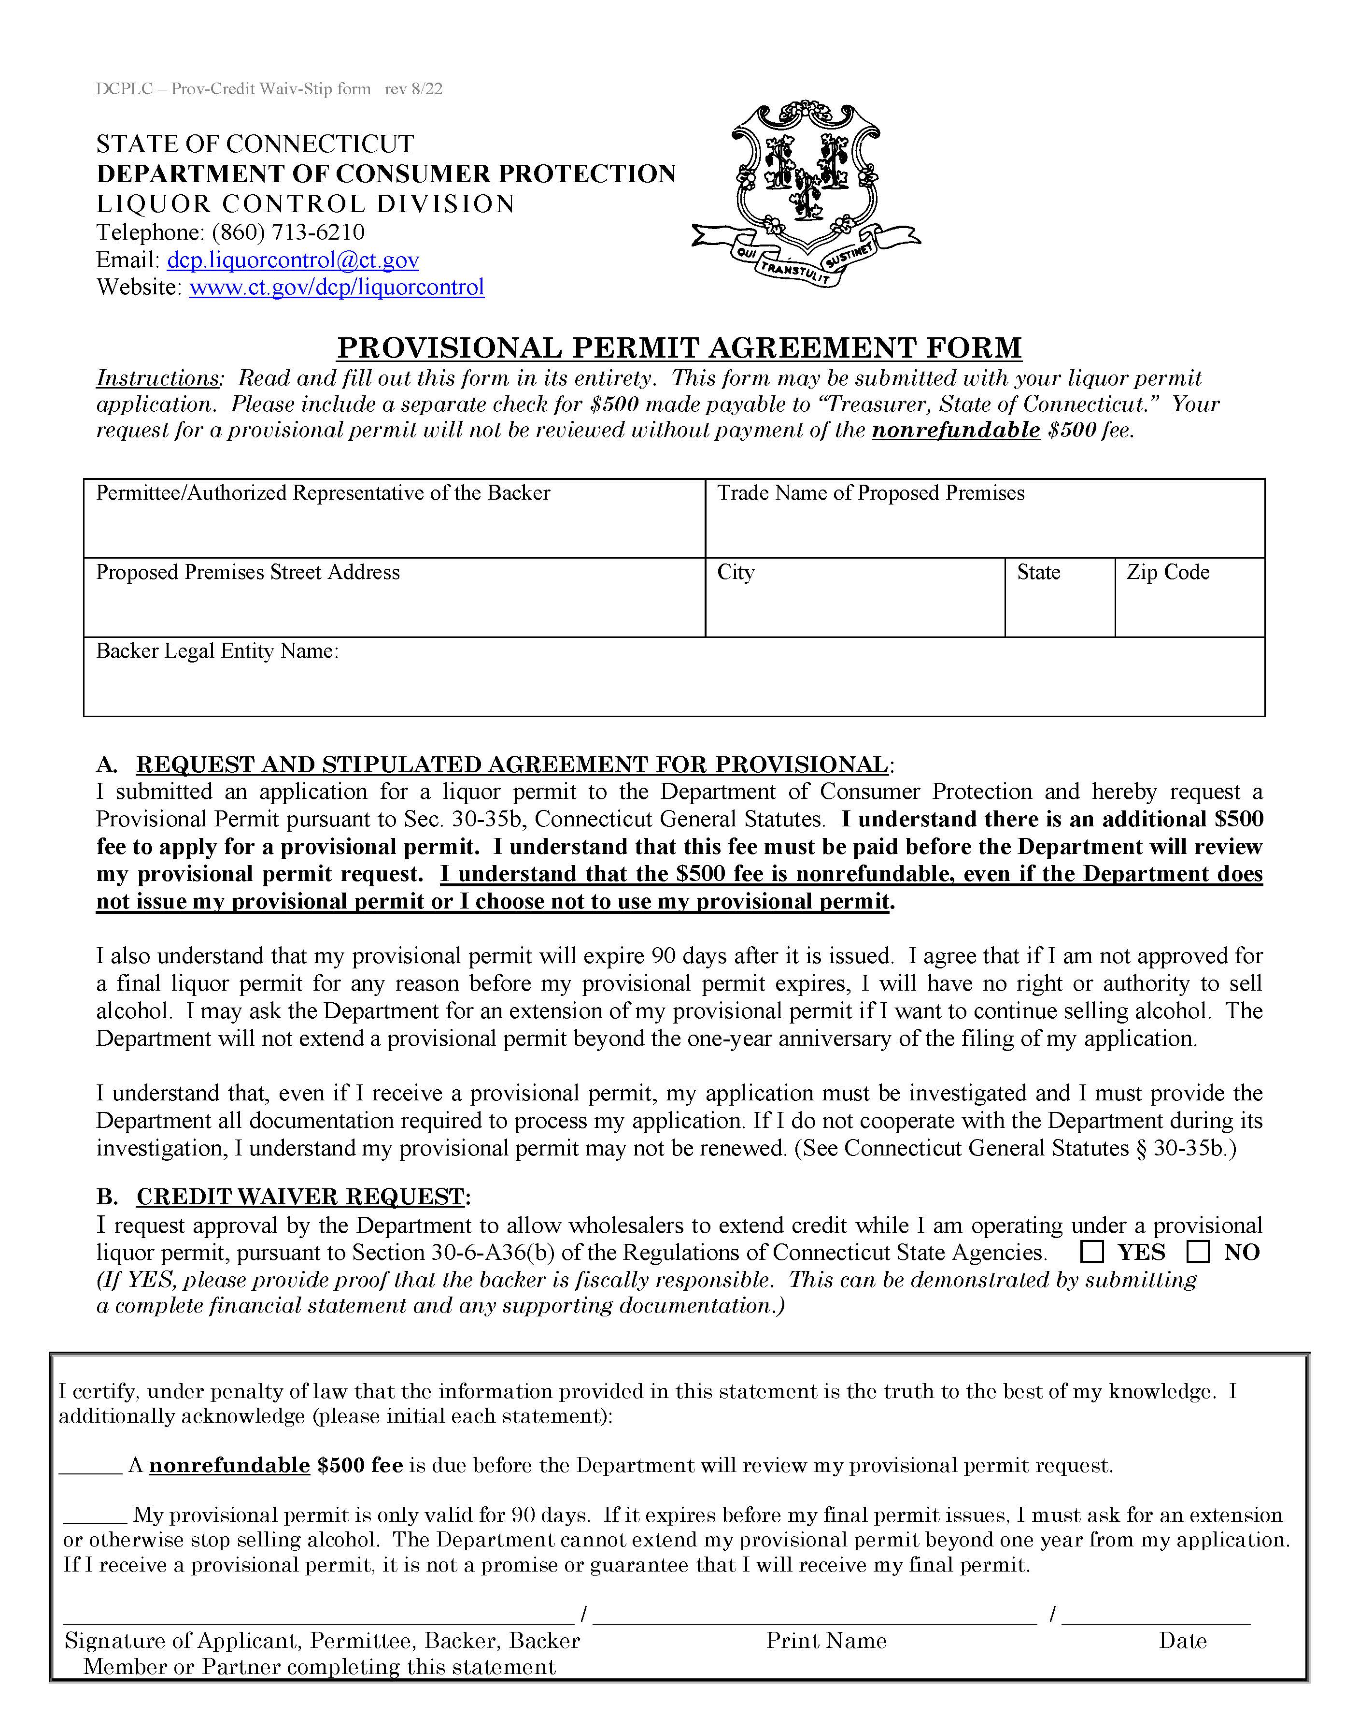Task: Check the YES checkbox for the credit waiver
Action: click(1092, 1252)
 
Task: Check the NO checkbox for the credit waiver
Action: click(1198, 1252)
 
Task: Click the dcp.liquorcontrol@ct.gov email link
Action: click(293, 260)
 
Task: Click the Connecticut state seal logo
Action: click(805, 193)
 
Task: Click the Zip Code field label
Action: click(1167, 572)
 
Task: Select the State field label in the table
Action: click(1038, 572)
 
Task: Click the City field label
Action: click(735, 572)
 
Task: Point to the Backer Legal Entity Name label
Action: click(217, 651)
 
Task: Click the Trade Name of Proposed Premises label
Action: click(870, 493)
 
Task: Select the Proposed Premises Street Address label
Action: click(247, 572)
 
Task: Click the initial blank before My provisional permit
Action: click(95, 1515)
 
